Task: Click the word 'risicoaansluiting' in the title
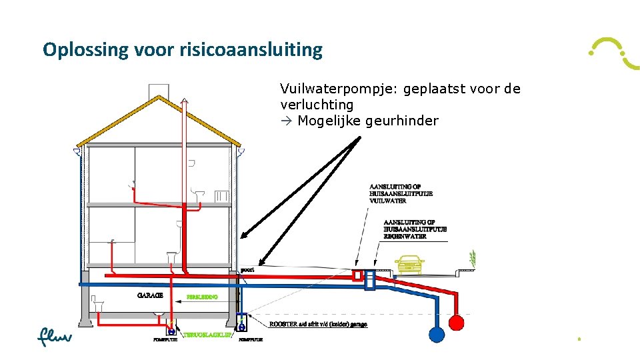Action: (x=251, y=50)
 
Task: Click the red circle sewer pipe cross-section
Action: (x=456, y=323)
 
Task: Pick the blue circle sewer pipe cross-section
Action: (x=436, y=333)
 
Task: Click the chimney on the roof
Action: (x=157, y=91)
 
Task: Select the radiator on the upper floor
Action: (x=222, y=196)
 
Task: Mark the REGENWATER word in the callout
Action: (x=405, y=236)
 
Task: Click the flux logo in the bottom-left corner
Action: (x=54, y=337)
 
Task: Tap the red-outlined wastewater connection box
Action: (x=358, y=275)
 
